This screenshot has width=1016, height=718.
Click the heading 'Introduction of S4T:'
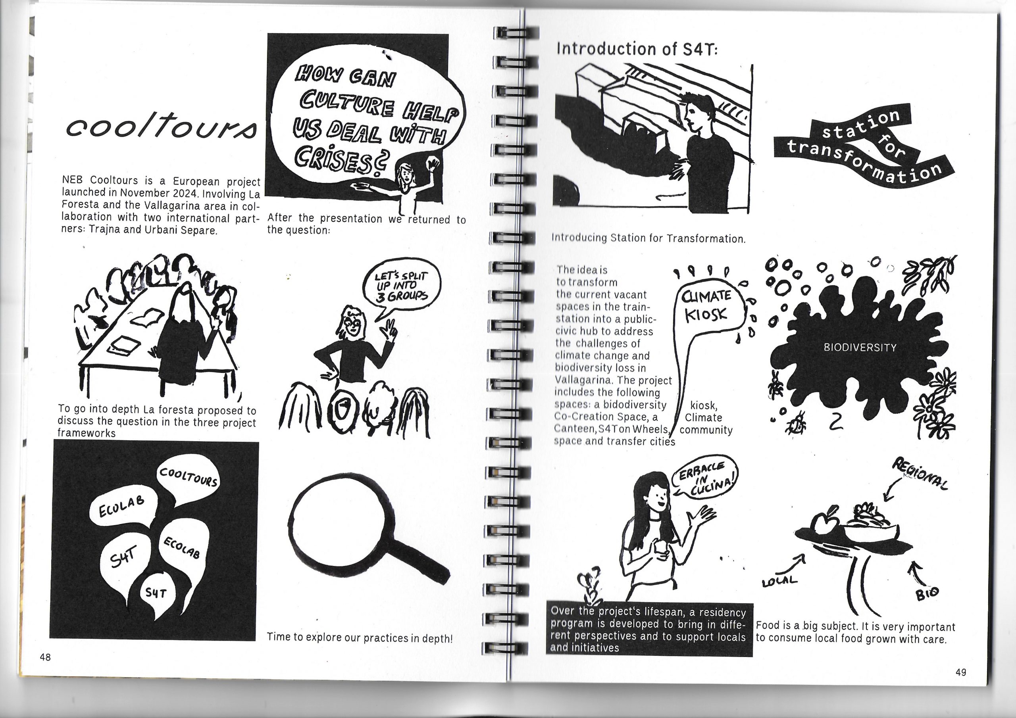click(x=637, y=49)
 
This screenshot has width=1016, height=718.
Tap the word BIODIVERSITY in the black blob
click(x=860, y=348)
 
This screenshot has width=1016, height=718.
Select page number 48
click(x=45, y=657)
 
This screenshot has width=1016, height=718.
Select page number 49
click(x=961, y=672)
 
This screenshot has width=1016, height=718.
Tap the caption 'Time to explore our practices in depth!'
click(x=360, y=637)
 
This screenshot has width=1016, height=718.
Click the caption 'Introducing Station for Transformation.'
click(x=648, y=238)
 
